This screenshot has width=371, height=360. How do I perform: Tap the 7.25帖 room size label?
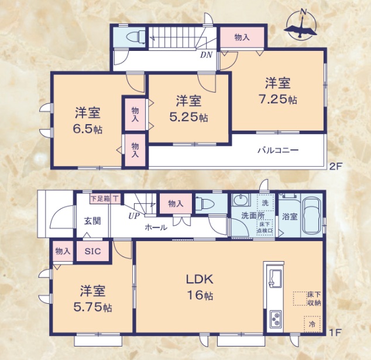(x=279, y=100)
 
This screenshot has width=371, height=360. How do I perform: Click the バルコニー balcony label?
(x=278, y=150)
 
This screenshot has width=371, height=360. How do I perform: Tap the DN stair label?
(x=206, y=56)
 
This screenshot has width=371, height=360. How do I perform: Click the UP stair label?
(x=134, y=215)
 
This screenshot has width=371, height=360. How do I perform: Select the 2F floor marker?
(x=335, y=166)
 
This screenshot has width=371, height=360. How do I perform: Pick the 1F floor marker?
(x=335, y=333)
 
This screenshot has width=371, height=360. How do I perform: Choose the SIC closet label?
(x=92, y=251)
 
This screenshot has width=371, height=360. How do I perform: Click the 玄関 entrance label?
(x=92, y=221)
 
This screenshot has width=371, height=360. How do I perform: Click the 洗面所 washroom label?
(x=252, y=215)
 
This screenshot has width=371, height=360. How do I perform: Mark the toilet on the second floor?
(x=134, y=37)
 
